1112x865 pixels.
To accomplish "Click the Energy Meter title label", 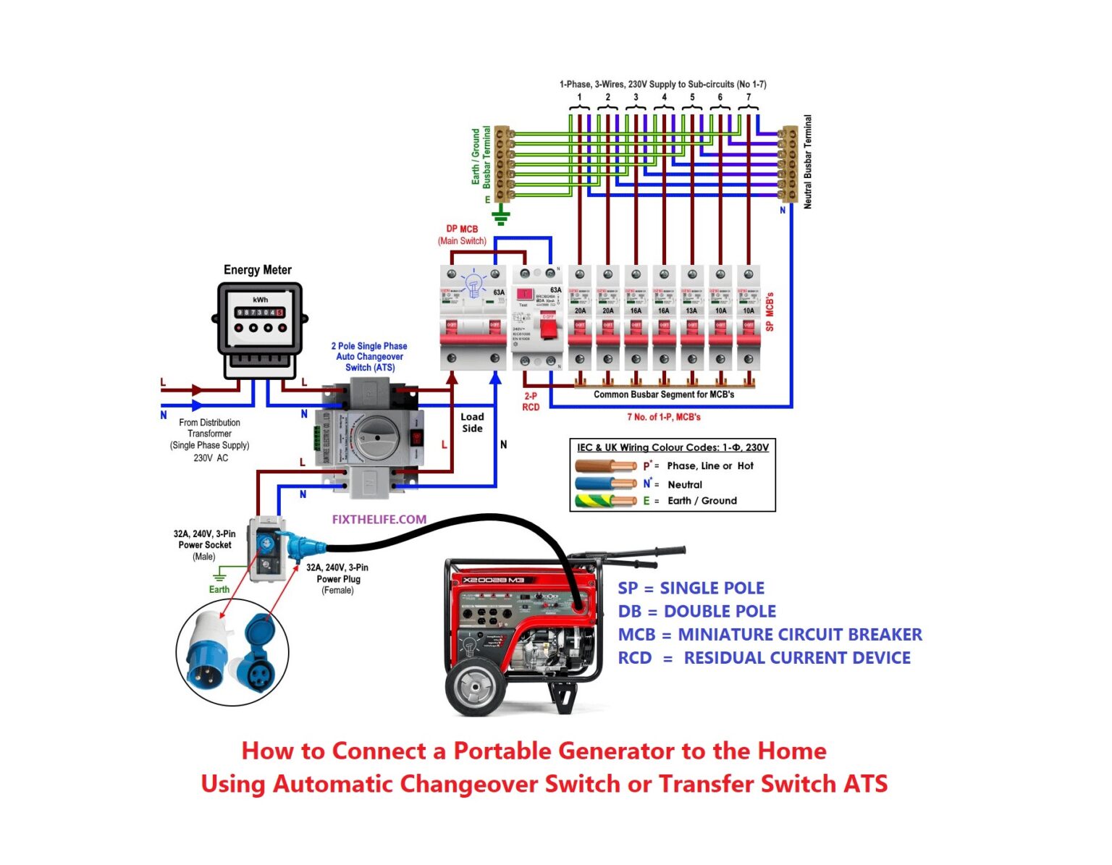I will point(257,270).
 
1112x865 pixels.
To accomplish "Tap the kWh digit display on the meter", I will point(259,313).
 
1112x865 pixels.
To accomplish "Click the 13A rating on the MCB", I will point(691,311).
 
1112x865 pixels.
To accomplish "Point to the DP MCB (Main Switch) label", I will point(462,235).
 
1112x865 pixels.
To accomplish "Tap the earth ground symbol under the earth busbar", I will point(500,216).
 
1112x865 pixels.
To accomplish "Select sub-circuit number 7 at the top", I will point(748,97).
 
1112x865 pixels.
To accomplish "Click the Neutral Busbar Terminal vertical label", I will point(808,162).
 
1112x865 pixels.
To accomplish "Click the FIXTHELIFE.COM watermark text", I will point(379,519).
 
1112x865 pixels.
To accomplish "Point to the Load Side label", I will point(472,422).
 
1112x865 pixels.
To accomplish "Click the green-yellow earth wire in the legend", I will point(605,501).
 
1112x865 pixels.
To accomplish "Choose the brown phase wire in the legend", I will point(605,466).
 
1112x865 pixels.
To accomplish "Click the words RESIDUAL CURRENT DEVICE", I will point(797,658).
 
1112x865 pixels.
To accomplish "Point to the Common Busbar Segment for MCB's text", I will point(663,394).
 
